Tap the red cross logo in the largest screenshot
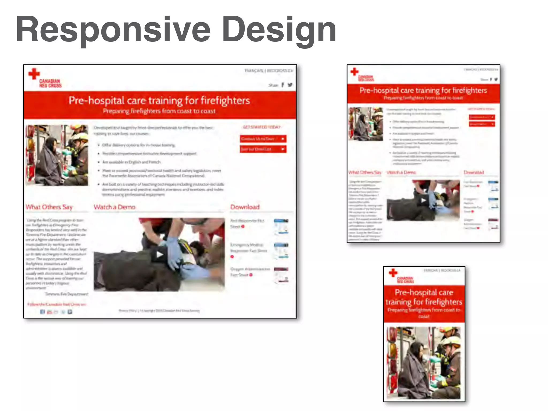coord(34,74)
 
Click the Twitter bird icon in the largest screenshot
coord(290,85)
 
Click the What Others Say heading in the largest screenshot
coord(49,207)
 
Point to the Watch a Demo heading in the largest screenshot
coord(115,207)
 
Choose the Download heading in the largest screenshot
coord(245,207)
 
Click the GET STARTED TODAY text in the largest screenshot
coord(261,127)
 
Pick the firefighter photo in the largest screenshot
coord(57,155)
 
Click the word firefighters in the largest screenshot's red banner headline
coord(225,101)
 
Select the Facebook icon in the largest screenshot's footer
coord(42,312)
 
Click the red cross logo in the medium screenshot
coord(355,71)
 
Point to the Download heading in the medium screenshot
coord(474,172)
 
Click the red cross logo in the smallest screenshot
coord(393,273)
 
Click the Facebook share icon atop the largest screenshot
coord(283,85)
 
